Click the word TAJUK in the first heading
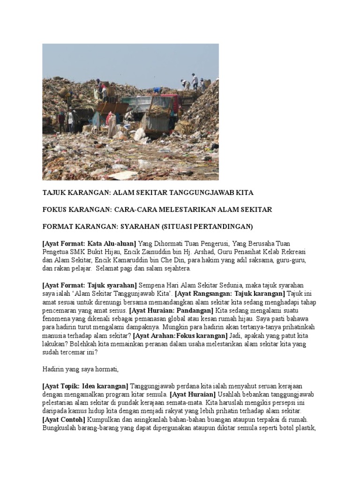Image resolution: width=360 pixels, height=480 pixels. click(54, 193)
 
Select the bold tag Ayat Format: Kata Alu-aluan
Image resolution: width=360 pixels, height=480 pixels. click(89, 244)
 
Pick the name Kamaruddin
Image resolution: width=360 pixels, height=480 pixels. click(136, 261)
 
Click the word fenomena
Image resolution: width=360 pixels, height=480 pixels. click(57, 319)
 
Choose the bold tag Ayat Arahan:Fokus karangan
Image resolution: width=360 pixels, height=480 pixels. click(180, 336)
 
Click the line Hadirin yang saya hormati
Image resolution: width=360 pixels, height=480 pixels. click(81, 369)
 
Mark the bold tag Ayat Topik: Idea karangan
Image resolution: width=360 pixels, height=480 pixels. click(85, 386)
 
